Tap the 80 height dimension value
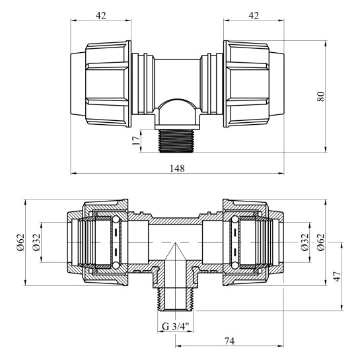pyautogui.click(x=321, y=96)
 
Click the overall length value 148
pyautogui.click(x=176, y=168)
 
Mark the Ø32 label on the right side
pyautogui.click(x=304, y=242)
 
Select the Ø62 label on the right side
pyautogui.click(x=321, y=242)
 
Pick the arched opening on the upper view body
pyautogui.click(x=176, y=110)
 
